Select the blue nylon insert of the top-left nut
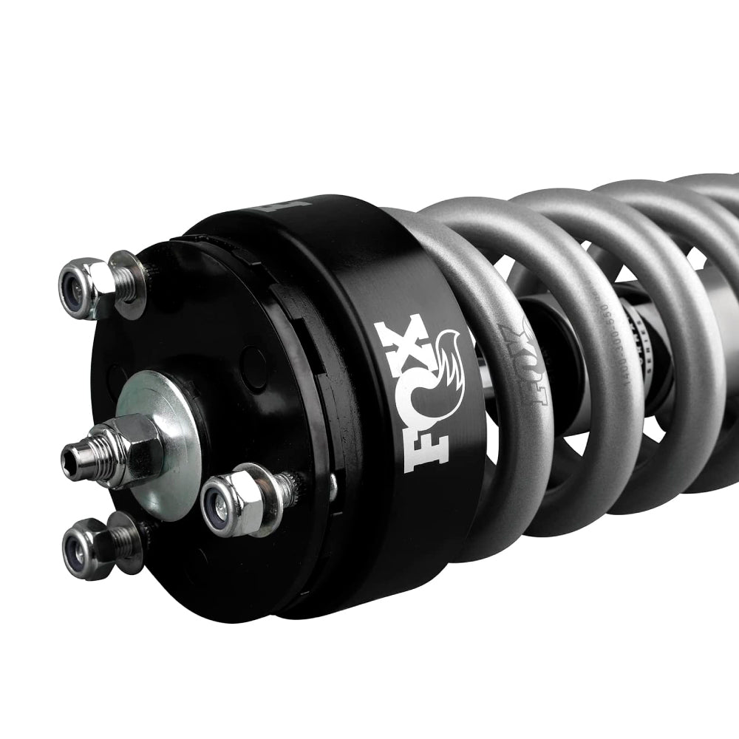pos(75,284)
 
